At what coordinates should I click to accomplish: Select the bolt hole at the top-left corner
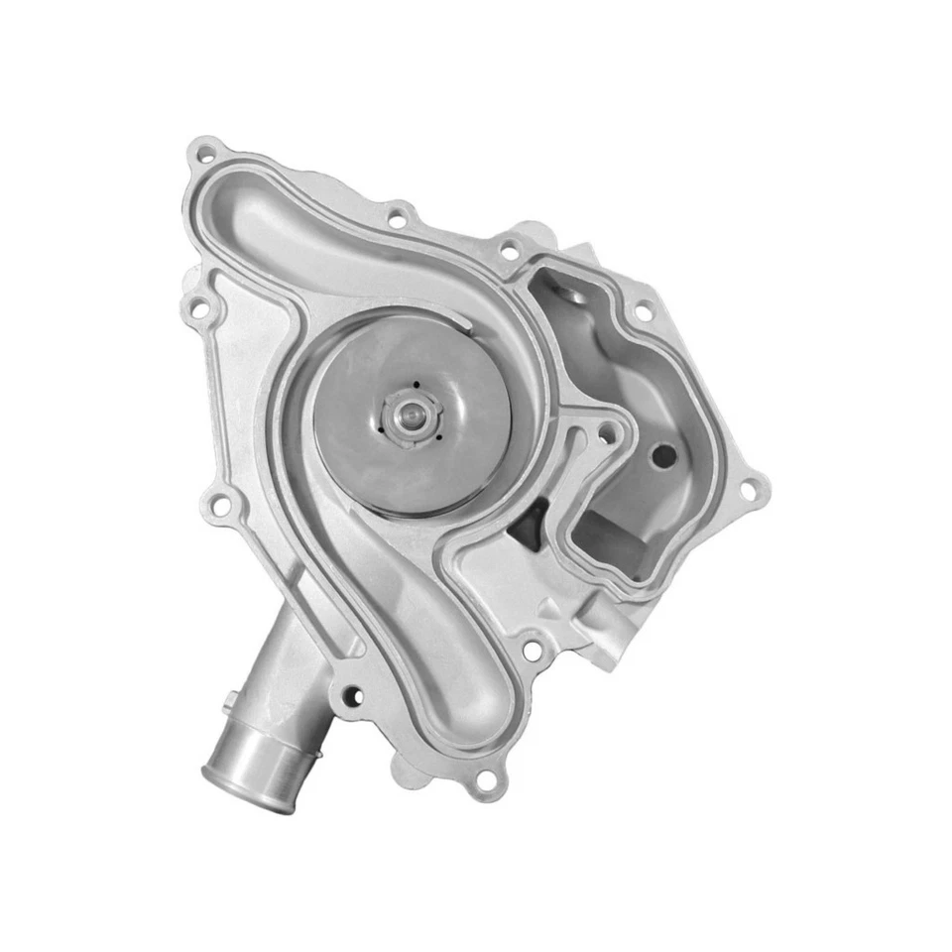pos(205,154)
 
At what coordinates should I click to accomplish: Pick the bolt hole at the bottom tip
pos(484,778)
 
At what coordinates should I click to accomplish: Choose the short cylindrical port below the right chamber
pos(607,629)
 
